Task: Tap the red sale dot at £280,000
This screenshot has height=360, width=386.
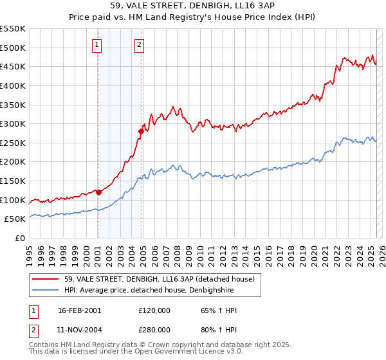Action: click(x=141, y=131)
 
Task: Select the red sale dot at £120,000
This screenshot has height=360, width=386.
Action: click(x=98, y=192)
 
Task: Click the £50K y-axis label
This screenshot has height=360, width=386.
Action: click(x=15, y=219)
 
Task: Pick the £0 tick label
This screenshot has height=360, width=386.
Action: click(x=20, y=238)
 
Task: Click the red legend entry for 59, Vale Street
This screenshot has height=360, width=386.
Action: click(x=160, y=279)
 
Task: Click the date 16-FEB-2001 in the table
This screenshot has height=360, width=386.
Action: click(x=79, y=310)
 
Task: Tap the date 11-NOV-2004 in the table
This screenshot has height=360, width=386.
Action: click(x=80, y=330)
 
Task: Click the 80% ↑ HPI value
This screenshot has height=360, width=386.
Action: click(x=219, y=330)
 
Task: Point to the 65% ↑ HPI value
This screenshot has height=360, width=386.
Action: click(x=219, y=310)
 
